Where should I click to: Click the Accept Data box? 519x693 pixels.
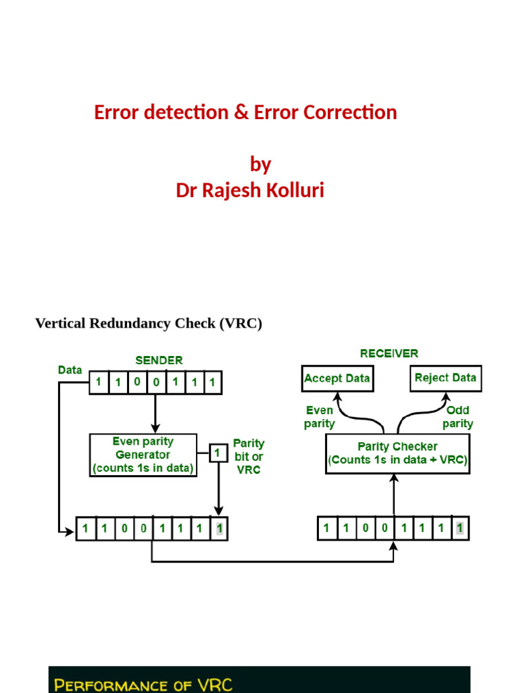pyautogui.click(x=337, y=378)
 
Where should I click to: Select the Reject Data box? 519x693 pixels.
pyautogui.click(x=445, y=378)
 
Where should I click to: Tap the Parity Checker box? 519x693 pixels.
pyautogui.click(x=397, y=454)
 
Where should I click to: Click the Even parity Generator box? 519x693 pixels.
pyautogui.click(x=143, y=455)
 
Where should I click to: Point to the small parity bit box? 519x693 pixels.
pyautogui.click(x=218, y=452)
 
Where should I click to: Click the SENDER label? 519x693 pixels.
pyautogui.click(x=159, y=360)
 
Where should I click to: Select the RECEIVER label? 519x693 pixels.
pyautogui.click(x=389, y=353)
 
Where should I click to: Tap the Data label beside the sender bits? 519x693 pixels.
pyautogui.click(x=70, y=370)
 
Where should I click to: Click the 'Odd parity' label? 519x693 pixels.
pyautogui.click(x=458, y=417)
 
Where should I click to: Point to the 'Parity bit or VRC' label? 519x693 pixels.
pyautogui.click(x=249, y=456)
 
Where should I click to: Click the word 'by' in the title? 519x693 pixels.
pyautogui.click(x=260, y=164)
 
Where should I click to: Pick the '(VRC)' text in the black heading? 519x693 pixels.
pyautogui.click(x=240, y=323)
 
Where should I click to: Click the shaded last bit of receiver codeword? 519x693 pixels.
pyautogui.click(x=460, y=528)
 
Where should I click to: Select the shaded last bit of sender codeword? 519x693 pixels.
pyautogui.click(x=219, y=529)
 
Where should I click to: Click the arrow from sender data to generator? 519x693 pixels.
pyautogui.click(x=155, y=413)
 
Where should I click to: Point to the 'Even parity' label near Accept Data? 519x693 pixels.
pyautogui.click(x=320, y=417)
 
